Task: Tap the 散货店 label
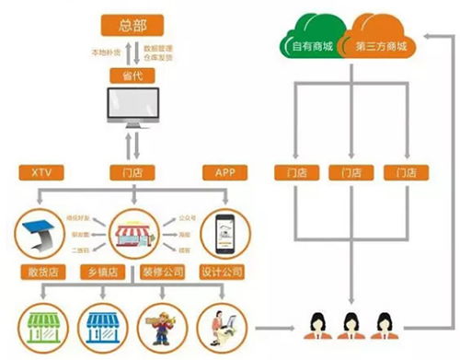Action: click(40, 273)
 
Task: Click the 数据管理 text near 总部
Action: click(161, 43)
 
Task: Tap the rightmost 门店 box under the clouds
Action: click(401, 171)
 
